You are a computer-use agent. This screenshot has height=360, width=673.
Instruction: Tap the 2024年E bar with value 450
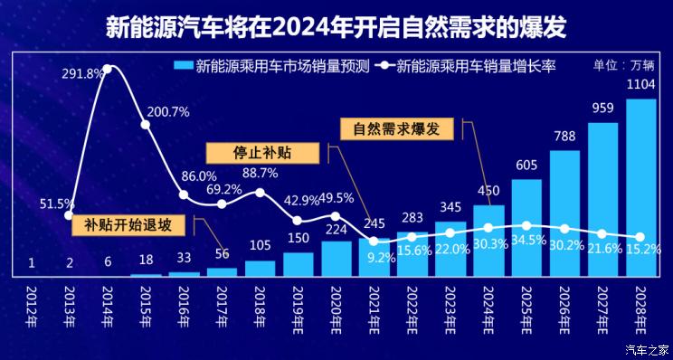[488, 241]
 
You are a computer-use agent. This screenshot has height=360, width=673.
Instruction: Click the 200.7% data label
[167, 112]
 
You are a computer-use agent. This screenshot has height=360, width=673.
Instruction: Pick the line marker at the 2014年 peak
[108, 68]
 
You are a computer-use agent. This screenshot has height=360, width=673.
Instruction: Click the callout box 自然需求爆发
[396, 128]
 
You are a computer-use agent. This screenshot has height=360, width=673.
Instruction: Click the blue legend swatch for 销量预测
[182, 65]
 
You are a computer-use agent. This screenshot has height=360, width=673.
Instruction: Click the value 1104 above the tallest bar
[641, 84]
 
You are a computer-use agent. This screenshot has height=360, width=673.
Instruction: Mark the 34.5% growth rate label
[527, 241]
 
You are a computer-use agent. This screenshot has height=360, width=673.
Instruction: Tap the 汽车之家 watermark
[646, 349]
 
